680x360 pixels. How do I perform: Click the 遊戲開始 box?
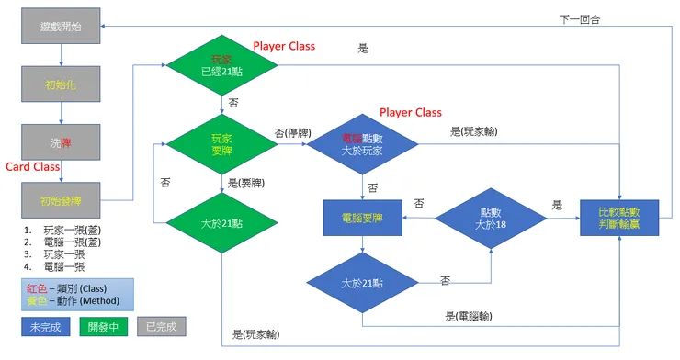click(61, 27)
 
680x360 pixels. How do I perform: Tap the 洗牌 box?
click(61, 142)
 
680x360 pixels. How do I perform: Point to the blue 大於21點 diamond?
click(363, 282)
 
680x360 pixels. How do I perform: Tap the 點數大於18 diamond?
click(490, 218)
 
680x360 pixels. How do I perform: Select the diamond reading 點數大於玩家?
click(362, 144)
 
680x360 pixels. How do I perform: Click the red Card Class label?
click(33, 167)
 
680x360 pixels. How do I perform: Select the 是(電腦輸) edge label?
click(470, 316)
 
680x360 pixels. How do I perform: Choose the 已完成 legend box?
click(162, 326)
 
